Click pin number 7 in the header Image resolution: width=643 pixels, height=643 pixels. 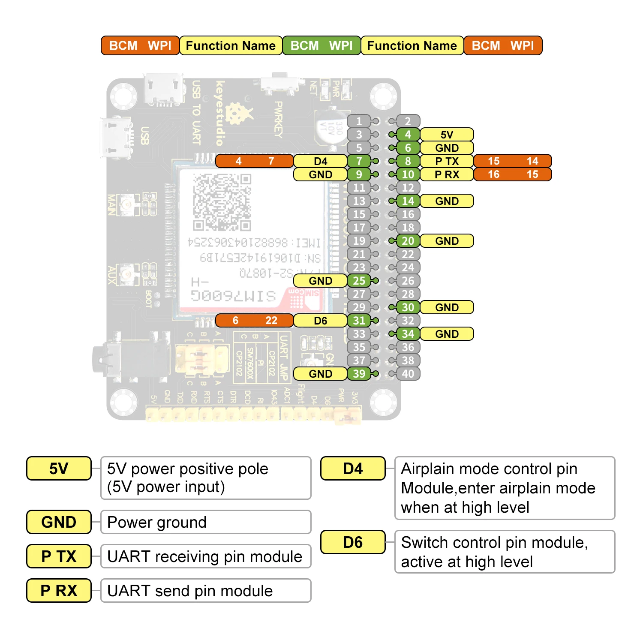pos(359,161)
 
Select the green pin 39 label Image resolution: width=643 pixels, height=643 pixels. pos(359,374)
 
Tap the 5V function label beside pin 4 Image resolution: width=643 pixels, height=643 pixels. pos(447,135)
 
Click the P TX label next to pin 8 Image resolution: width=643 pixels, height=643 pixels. pos(447,161)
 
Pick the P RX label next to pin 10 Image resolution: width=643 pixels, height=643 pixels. pos(447,174)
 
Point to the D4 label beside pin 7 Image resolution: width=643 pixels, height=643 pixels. pos(320,161)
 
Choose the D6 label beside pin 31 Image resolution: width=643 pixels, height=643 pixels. pos(320,321)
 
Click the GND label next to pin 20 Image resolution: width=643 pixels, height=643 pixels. pos(447,241)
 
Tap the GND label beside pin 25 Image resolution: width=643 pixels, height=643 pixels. pos(320,281)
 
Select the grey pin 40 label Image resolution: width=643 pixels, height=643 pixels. pos(408,374)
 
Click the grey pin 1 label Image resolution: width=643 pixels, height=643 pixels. pos(359,121)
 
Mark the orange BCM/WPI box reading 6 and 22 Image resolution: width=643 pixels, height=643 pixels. pos(254,321)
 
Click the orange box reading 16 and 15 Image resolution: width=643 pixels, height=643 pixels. pos(512,174)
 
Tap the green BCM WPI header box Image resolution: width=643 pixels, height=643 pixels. pos(321,45)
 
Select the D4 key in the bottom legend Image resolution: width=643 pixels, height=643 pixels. pos(353,469)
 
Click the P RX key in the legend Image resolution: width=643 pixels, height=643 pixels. pos(59,590)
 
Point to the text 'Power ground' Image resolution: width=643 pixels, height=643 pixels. pos(157,522)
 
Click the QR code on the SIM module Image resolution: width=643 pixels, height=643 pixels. pos(222,201)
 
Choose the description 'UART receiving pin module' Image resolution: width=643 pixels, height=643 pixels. pos(204,556)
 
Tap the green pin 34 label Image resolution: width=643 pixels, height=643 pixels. pos(408,334)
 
